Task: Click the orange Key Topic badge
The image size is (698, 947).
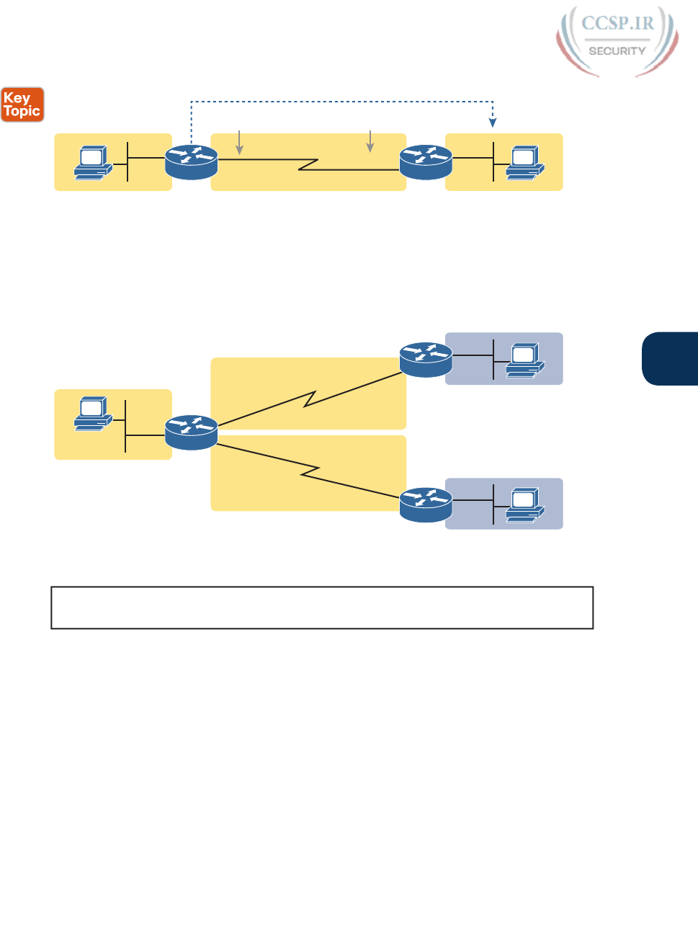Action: point(22,105)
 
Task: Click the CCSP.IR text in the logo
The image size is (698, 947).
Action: point(617,23)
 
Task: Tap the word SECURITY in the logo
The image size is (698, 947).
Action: point(617,51)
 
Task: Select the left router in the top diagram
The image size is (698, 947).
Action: point(191,162)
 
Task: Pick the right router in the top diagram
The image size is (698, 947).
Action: point(426,162)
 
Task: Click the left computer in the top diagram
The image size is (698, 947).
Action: point(93,163)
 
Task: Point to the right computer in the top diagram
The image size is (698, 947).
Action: point(525,163)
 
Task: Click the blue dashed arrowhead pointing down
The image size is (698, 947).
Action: point(493,123)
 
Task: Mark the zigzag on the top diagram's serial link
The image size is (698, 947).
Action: point(308,164)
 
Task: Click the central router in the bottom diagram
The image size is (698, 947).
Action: point(191,432)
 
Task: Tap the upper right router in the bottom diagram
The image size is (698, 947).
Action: point(426,360)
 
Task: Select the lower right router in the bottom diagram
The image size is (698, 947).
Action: point(426,504)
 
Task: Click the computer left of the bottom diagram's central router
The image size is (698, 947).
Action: point(93,414)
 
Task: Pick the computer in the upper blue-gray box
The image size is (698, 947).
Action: point(525,360)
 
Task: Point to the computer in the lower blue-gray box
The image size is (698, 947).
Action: point(525,505)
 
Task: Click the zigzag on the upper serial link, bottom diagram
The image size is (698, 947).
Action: point(310,399)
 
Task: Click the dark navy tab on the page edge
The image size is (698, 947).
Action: point(671,359)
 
